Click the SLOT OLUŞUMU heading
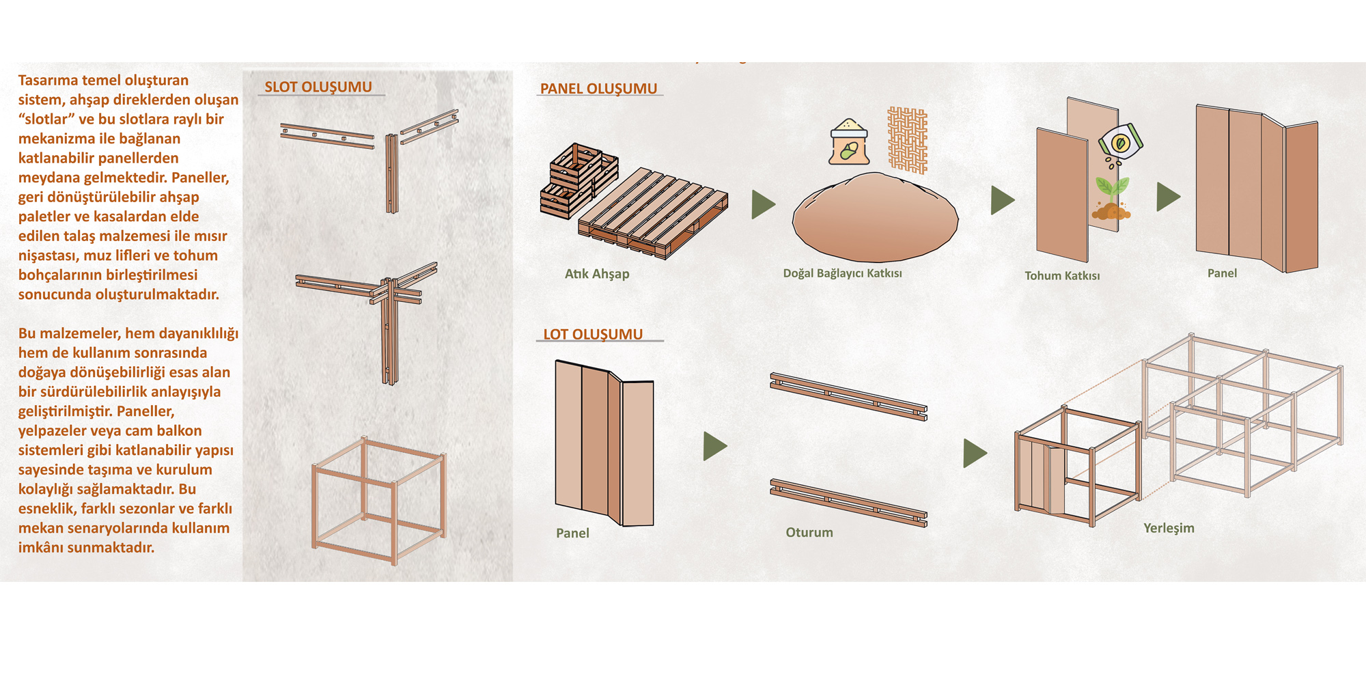coord(318,87)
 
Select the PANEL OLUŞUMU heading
coord(598,89)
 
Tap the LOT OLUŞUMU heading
coord(593,334)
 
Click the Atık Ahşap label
coord(597,274)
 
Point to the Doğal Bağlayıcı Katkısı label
coord(842,273)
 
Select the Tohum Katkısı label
coord(1062,276)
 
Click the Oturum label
coord(809,532)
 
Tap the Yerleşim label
coord(1169,528)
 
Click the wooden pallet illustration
coord(653,213)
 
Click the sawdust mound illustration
coord(875,218)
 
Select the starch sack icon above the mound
coord(849,142)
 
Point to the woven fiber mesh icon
coord(907,140)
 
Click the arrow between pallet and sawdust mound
coord(762,204)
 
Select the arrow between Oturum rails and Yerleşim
coord(974,453)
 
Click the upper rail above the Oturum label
coord(848,396)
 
